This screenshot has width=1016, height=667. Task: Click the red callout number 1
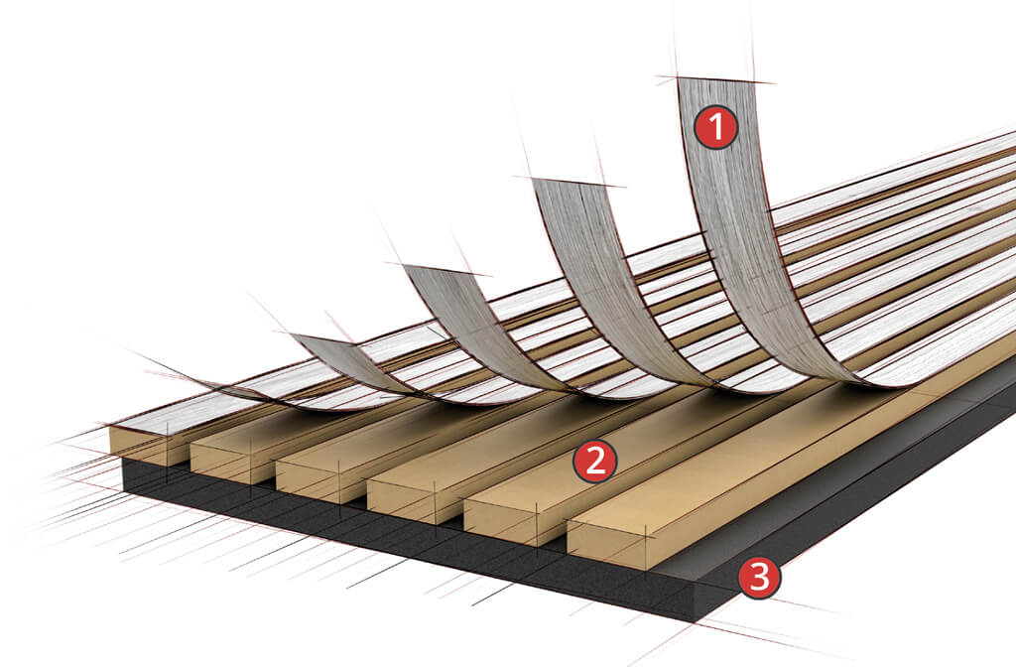(715, 128)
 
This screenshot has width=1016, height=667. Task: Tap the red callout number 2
(596, 462)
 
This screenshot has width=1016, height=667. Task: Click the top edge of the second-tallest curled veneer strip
(574, 182)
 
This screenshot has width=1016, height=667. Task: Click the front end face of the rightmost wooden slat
(607, 544)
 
